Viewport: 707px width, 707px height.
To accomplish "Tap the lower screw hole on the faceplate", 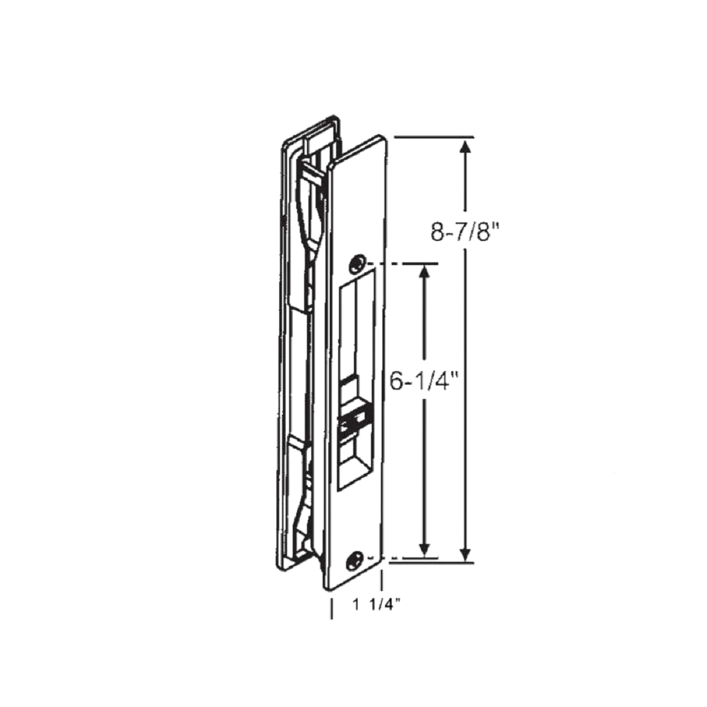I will click(356, 557).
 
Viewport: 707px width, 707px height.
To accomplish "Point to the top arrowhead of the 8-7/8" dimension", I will click(465, 147).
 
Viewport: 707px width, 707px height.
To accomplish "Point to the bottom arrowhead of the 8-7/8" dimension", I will click(465, 553).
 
